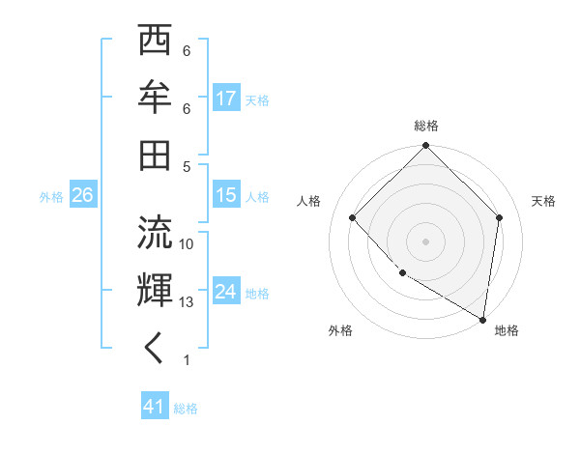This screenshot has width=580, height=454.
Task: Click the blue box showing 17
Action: [x=226, y=99]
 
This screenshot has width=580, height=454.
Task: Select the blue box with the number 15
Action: [x=226, y=195]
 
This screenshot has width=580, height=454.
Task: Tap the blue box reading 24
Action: [x=226, y=292]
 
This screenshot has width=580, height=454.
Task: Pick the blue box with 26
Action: [x=82, y=195]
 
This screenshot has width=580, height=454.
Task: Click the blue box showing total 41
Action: [x=155, y=407]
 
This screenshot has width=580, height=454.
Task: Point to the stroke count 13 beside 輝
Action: [x=188, y=302]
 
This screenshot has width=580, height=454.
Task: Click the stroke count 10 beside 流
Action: [x=188, y=244]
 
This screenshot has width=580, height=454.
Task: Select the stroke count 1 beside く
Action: [x=187, y=360]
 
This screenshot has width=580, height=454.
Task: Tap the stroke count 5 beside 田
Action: [x=187, y=166]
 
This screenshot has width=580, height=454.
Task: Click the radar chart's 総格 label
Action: [x=425, y=127]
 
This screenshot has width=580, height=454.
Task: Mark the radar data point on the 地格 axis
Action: [x=482, y=319]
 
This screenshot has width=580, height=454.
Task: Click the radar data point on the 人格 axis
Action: [x=353, y=217]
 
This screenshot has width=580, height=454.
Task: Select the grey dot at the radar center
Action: [x=425, y=241]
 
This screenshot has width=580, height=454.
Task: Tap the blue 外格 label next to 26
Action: [x=51, y=196]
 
